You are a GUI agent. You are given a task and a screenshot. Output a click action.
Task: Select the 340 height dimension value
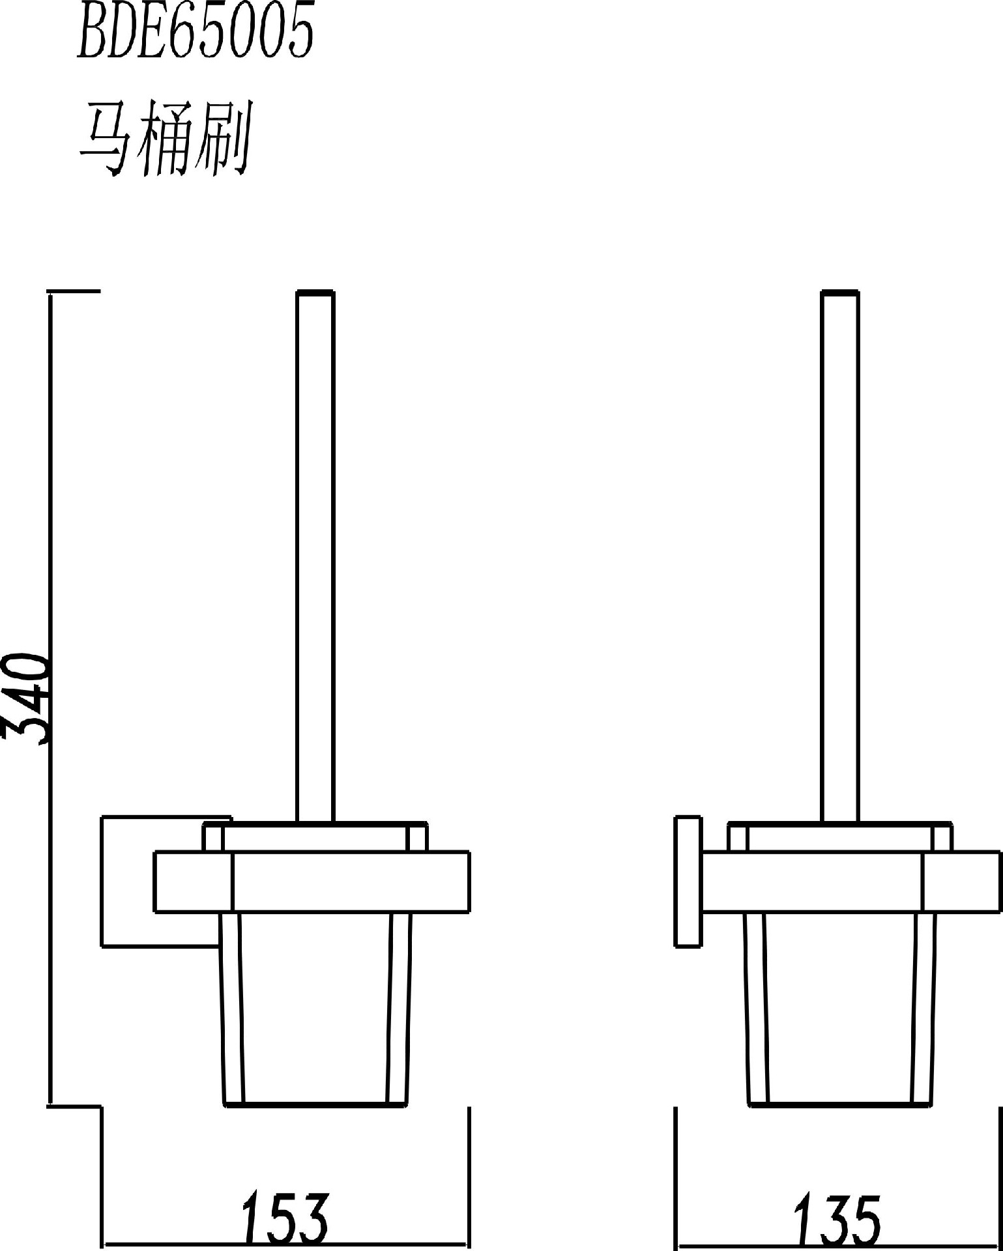pyautogui.click(x=26, y=699)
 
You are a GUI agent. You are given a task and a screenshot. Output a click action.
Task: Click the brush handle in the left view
pyautogui.click(x=315, y=557)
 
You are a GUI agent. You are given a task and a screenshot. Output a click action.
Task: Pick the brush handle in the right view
pyautogui.click(x=840, y=557)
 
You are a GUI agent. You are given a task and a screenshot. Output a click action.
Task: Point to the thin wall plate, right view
pyautogui.click(x=688, y=880)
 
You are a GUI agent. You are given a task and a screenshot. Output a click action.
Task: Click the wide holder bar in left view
pyautogui.click(x=312, y=881)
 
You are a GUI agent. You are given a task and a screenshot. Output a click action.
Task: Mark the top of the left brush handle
pyautogui.click(x=315, y=292)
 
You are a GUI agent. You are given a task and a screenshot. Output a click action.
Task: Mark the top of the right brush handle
pyautogui.click(x=840, y=292)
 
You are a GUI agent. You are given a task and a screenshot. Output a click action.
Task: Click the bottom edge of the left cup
pyautogui.click(x=316, y=1104)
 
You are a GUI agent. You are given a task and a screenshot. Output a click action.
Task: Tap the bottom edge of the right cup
pyautogui.click(x=841, y=1104)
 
